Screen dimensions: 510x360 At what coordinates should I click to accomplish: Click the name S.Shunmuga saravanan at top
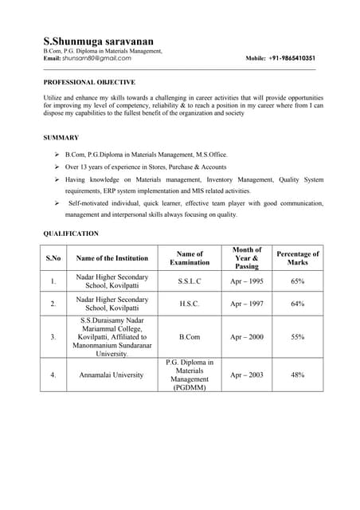[x=99, y=41]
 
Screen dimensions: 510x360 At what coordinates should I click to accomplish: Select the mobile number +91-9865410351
[x=292, y=58]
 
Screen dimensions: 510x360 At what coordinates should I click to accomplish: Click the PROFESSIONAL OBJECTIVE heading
[x=89, y=82]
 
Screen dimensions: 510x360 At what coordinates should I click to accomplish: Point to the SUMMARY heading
[x=61, y=138]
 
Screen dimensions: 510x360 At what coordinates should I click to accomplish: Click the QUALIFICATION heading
[x=71, y=233]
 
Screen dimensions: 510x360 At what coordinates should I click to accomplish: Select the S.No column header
[x=53, y=258]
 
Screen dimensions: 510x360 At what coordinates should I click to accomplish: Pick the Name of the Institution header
[x=112, y=258]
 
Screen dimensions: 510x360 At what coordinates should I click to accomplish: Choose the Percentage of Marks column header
[x=297, y=258]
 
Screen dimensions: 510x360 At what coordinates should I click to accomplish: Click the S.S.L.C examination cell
[x=190, y=281]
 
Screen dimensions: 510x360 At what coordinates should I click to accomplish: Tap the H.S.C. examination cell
[x=190, y=304]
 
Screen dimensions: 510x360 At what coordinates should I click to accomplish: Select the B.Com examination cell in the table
[x=190, y=337]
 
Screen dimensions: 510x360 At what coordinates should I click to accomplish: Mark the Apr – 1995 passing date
[x=247, y=281]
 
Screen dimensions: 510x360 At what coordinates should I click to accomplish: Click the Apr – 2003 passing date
[x=247, y=375]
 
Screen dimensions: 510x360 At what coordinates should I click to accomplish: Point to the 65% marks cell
[x=297, y=281]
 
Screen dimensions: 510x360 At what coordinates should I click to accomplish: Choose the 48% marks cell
[x=297, y=375]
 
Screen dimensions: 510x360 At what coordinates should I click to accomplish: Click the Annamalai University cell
[x=112, y=375]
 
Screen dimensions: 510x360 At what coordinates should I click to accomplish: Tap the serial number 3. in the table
[x=53, y=337]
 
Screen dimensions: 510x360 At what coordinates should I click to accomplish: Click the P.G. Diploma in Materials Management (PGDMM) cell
[x=190, y=375]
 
